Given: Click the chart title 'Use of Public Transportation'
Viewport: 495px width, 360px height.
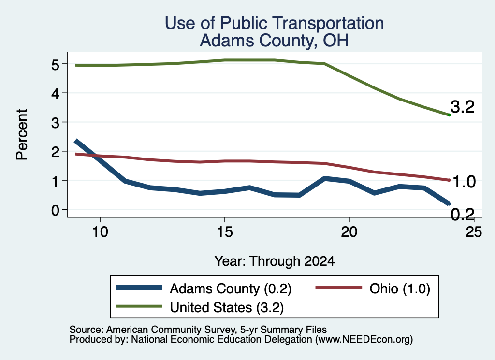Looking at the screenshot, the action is [x=275, y=23].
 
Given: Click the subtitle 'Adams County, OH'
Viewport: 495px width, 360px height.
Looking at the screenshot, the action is [x=275, y=41].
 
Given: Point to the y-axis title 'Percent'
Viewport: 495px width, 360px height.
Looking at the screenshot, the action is [x=22, y=135].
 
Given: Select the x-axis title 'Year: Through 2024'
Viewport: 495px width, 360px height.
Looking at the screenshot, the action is [x=275, y=261].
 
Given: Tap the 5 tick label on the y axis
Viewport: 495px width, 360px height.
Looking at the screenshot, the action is [x=55, y=65].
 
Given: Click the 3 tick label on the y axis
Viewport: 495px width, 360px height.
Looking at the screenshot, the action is [x=55, y=123].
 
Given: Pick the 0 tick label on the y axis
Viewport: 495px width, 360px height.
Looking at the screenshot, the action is [x=55, y=210].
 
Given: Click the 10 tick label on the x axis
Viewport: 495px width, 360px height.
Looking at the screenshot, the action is [x=100, y=232].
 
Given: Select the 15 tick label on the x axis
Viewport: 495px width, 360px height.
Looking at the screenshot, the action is [x=225, y=232].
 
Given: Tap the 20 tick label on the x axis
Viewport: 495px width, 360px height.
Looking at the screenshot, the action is [x=349, y=232].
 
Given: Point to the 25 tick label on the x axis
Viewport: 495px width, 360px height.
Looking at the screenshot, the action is [x=474, y=232].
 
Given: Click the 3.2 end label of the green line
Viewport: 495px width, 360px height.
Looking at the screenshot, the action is [x=463, y=107].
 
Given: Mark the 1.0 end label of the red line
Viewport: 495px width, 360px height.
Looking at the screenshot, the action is [x=464, y=182].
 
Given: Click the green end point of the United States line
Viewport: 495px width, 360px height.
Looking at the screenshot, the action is [x=449, y=115].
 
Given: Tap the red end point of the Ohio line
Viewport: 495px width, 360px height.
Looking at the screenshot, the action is [x=449, y=180].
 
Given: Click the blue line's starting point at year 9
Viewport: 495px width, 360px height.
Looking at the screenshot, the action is [x=76, y=142].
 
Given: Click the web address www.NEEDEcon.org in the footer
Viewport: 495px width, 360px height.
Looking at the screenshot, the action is [x=364, y=340].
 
